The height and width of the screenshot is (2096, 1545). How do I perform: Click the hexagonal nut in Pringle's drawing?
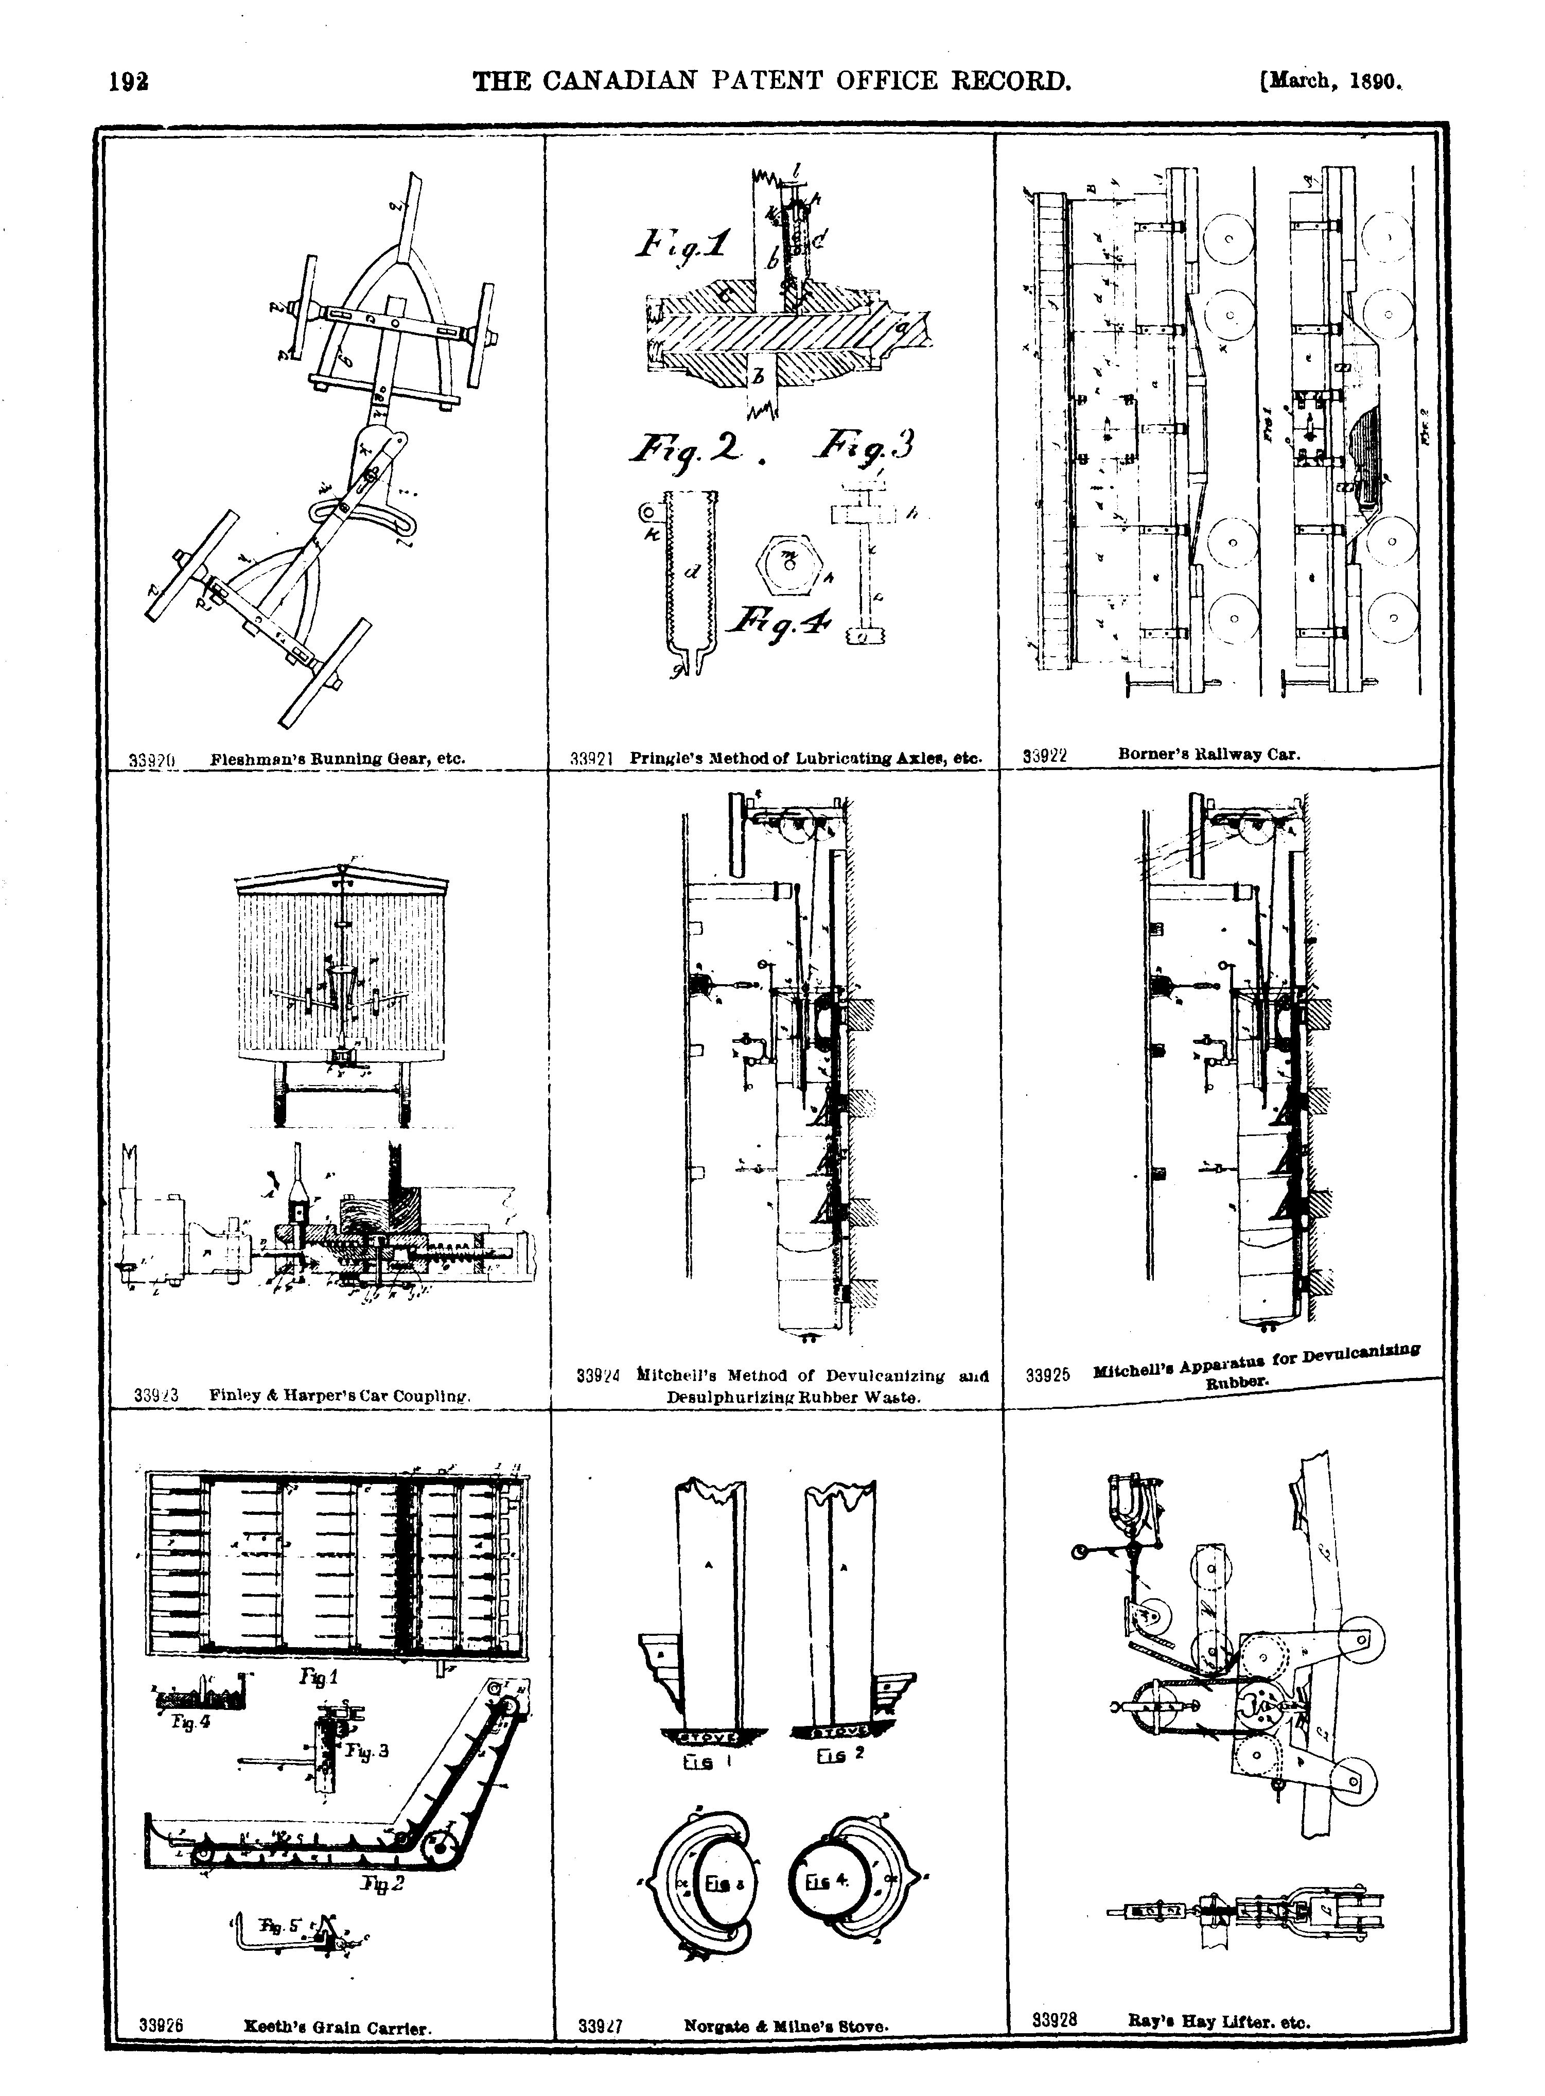789,564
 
